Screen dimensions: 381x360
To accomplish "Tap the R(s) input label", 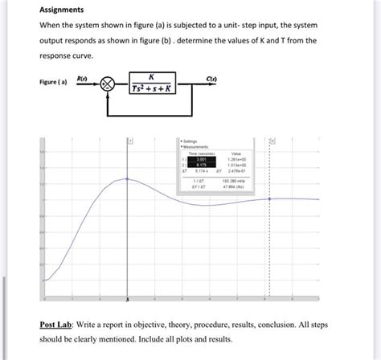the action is point(81,77).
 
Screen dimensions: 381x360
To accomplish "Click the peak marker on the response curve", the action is point(127,178).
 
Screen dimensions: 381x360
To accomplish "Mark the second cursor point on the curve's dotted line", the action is point(271,199).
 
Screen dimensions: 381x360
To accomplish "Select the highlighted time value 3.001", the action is point(202,159).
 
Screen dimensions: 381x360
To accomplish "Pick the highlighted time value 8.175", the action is point(202,165).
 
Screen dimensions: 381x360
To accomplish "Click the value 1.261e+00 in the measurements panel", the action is point(237,159).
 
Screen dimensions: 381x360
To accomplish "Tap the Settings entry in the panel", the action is point(193,142).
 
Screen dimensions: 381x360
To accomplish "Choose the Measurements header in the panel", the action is point(198,147).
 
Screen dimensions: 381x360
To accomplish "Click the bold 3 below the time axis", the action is point(127,300).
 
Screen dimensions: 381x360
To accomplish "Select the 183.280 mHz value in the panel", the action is point(237,182).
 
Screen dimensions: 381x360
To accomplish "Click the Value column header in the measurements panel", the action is point(237,153).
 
